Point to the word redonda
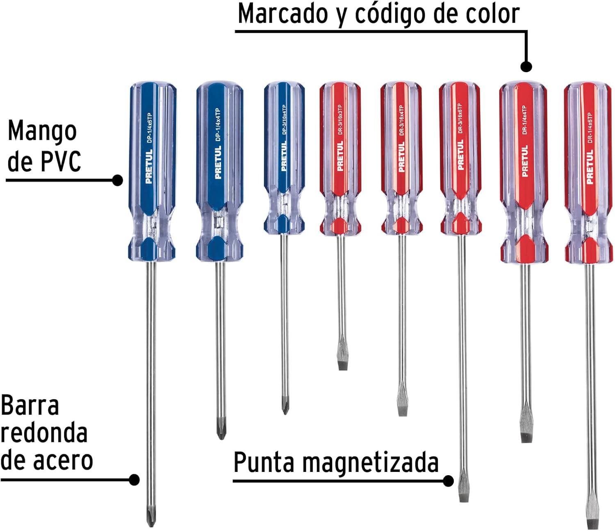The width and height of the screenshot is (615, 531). [44, 433]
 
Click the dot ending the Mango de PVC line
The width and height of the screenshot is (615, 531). [117, 180]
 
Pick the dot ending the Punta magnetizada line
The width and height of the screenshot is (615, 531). [449, 481]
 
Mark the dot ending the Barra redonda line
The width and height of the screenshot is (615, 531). [134, 479]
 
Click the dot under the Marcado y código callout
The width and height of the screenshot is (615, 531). [526, 66]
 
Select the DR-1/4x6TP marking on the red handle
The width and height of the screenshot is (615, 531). [590, 128]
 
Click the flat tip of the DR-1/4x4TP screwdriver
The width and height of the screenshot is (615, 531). [526, 435]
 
